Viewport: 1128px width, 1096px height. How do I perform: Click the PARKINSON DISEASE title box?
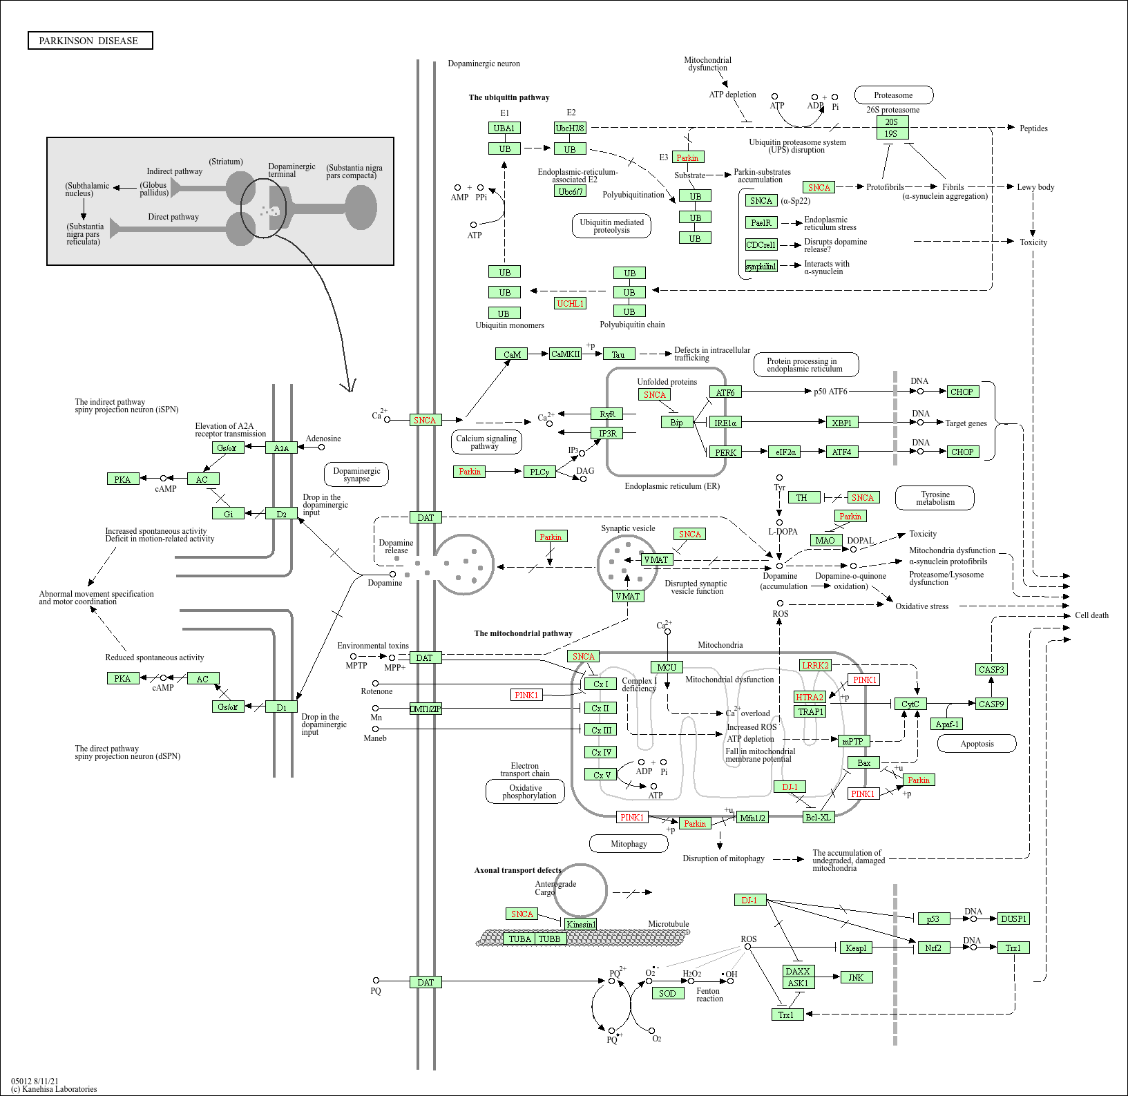point(90,41)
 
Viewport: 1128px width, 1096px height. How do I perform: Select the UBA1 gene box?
point(504,128)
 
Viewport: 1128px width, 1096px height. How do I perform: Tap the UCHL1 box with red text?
point(570,304)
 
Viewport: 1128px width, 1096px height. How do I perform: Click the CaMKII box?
point(565,354)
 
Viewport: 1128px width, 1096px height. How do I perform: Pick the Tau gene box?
point(618,354)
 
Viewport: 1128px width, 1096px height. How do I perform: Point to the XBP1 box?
point(841,423)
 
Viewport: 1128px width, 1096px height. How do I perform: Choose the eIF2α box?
point(785,452)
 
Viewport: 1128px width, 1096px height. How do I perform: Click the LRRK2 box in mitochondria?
point(815,666)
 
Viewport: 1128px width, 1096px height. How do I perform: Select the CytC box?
point(910,704)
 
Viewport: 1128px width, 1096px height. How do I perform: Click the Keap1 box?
point(855,948)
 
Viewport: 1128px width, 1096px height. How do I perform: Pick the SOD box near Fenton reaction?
point(667,994)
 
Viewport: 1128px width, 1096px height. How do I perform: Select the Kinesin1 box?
point(580,925)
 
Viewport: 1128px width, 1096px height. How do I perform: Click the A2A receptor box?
point(281,448)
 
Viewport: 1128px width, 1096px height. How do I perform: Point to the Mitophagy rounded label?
point(629,844)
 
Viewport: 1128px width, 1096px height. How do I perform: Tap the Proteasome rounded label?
point(893,95)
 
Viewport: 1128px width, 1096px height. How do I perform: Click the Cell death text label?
point(1091,615)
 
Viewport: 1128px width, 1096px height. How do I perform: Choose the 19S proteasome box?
point(891,134)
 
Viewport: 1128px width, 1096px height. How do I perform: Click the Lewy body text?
point(1035,187)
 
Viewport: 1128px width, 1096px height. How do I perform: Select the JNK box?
point(856,978)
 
